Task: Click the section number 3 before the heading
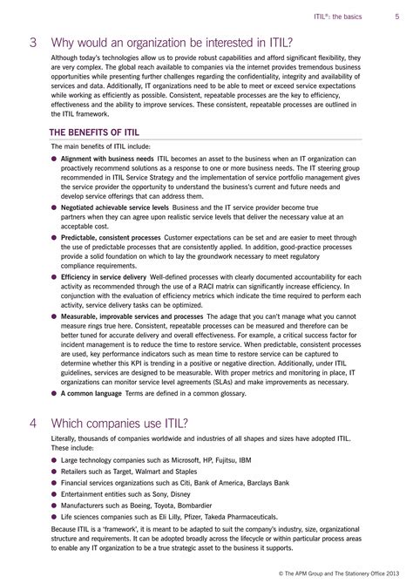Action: pyautogui.click(x=33, y=41)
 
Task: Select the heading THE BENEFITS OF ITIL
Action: pyautogui.click(x=93, y=133)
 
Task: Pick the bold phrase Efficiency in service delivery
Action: pyautogui.click(x=106, y=276)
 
